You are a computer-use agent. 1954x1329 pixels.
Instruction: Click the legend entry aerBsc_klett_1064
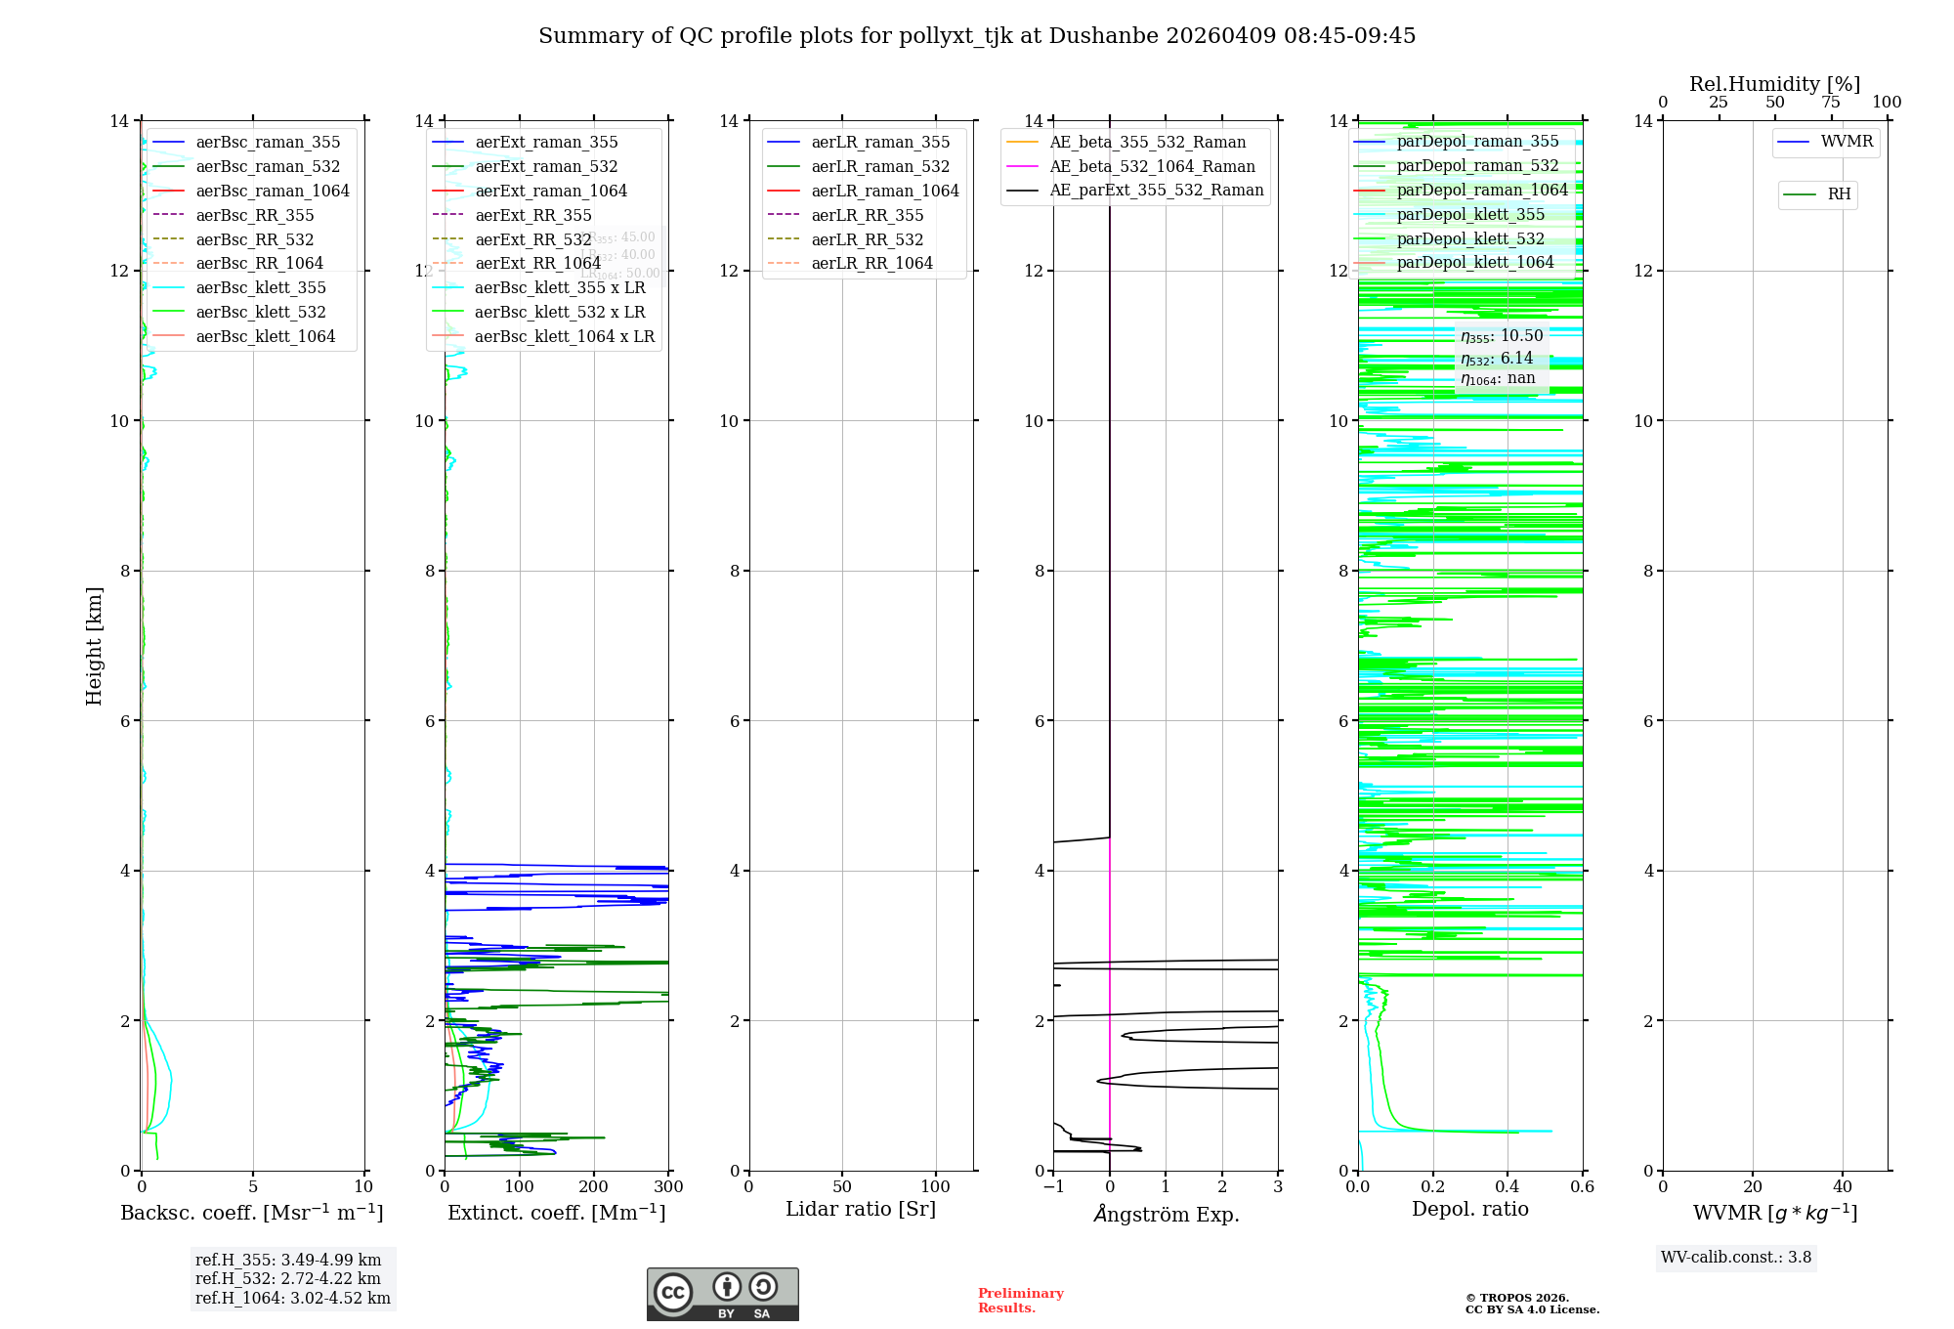pos(265,336)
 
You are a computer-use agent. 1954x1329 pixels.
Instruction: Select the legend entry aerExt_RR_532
pos(532,239)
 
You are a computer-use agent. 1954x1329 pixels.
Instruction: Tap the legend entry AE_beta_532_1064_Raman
pos(1152,166)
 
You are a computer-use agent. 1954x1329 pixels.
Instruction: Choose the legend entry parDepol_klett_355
pos(1470,214)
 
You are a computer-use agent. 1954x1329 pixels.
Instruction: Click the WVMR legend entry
pos(1847,142)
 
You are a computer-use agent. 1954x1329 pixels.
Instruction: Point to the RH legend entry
pos(1839,194)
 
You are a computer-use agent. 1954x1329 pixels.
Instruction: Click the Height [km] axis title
pos(94,646)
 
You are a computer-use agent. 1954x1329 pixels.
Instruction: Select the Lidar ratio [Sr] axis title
pos(861,1209)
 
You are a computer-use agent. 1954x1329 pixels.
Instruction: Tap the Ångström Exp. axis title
pos(1166,1214)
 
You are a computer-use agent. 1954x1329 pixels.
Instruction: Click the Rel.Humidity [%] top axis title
pos(1774,84)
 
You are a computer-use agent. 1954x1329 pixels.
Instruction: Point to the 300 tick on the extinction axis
pos(669,1186)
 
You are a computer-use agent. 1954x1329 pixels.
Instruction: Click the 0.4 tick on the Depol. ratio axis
pos(1508,1186)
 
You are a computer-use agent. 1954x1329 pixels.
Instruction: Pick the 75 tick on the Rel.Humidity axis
pos(1831,102)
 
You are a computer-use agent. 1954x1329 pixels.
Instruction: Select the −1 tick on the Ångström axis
pos(1053,1186)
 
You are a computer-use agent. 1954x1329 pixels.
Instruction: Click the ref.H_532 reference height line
pos(288,1278)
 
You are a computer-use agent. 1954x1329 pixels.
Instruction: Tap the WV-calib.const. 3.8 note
pos(1736,1257)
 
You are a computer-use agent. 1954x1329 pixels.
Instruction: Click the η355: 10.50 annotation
pos(1502,336)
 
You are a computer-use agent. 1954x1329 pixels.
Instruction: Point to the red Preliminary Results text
pos(1020,1300)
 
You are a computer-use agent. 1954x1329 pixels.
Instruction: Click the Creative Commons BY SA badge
pos(722,1294)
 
